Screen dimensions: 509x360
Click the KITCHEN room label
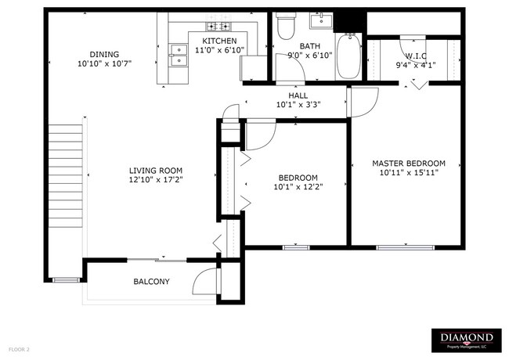219,41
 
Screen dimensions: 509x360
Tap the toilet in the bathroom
286,26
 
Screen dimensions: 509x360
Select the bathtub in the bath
348,56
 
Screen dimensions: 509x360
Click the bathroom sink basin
321,21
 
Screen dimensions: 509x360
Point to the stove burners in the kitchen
218,27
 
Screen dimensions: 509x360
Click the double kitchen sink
179,55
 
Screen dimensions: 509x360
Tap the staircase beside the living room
66,175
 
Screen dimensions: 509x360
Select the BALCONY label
152,282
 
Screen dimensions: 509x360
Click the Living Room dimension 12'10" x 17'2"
156,180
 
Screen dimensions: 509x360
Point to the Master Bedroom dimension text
409,172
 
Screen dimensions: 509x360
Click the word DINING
104,54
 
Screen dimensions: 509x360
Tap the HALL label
298,95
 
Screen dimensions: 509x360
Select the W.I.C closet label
416,56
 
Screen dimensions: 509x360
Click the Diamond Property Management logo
467,340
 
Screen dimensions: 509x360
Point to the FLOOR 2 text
19,350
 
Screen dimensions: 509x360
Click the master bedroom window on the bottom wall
405,248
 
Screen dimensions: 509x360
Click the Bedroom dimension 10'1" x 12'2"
298,187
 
